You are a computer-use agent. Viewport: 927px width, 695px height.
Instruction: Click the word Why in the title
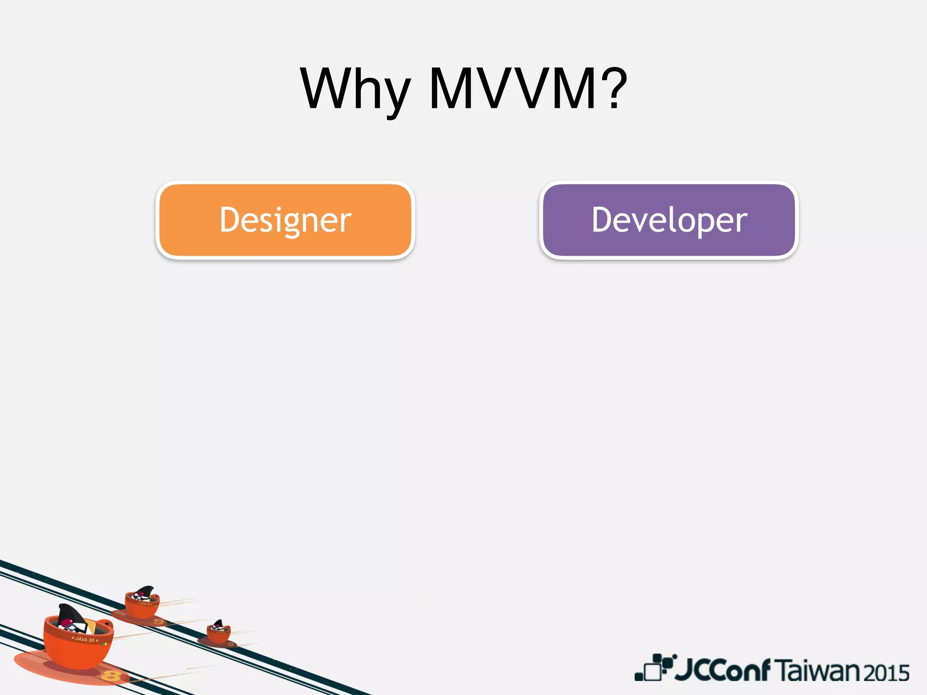pos(355,89)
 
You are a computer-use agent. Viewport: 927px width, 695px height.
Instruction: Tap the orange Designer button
pos(285,220)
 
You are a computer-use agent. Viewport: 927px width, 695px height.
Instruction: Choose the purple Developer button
pos(669,220)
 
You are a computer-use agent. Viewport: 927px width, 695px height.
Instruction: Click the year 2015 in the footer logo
pos(886,673)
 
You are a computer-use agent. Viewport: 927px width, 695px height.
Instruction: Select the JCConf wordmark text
pos(722,670)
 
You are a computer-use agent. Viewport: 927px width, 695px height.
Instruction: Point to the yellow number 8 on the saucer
pos(111,676)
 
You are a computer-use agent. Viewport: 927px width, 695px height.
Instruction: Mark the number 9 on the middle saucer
pos(158,622)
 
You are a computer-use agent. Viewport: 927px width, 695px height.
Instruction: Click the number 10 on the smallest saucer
pos(230,644)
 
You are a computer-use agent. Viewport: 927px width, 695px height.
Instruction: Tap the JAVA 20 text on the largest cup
pos(85,639)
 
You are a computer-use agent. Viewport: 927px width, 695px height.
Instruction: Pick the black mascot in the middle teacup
pos(143,593)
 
